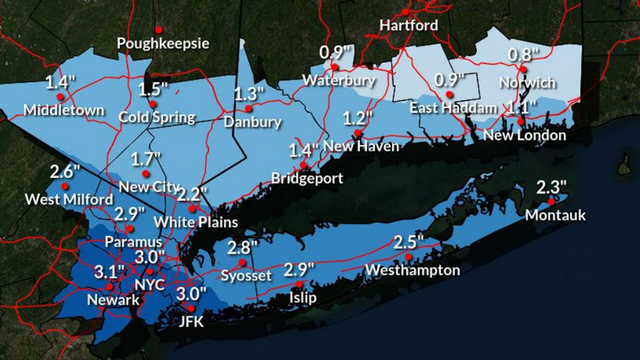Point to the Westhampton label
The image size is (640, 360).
[x=412, y=271]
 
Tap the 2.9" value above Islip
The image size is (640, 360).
[x=299, y=270]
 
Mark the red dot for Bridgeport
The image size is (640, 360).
[x=305, y=165]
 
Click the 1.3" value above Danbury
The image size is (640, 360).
[x=249, y=94]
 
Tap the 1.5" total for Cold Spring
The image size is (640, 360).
[x=154, y=89]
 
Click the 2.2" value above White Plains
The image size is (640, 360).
[x=191, y=194]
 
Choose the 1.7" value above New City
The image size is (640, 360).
[x=146, y=160]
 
